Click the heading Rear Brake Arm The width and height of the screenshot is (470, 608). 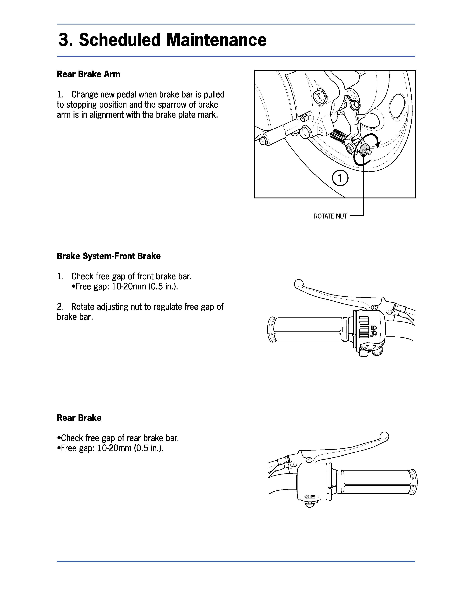point(88,74)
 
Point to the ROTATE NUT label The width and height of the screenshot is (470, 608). point(330,216)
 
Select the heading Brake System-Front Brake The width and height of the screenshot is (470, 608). point(109,256)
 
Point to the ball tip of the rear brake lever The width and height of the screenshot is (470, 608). point(385,435)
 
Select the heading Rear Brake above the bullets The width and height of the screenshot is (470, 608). point(79,418)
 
